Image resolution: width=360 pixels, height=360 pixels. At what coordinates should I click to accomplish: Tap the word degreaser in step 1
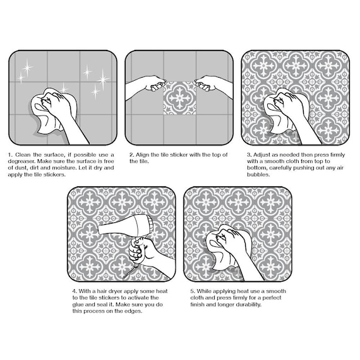(21, 161)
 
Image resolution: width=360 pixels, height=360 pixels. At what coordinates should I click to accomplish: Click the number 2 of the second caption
(131, 155)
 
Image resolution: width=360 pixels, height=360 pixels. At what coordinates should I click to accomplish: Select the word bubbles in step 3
(258, 174)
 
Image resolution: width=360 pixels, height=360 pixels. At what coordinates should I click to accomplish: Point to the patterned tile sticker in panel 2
(179, 97)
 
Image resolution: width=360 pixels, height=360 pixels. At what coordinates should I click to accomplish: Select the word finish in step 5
(198, 304)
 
